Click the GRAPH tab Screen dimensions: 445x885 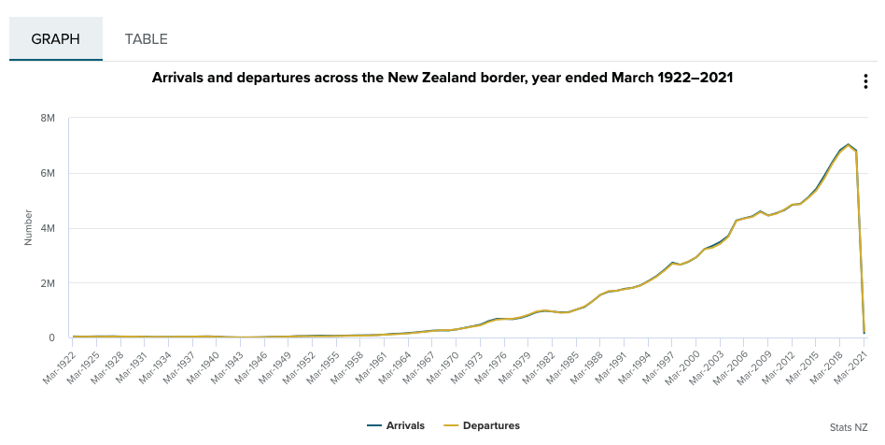coord(55,39)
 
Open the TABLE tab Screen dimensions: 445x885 coord(147,39)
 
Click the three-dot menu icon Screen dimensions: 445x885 coord(865,81)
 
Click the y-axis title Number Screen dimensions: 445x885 coord(28,228)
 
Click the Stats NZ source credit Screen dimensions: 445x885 coord(849,427)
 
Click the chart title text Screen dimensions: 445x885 coord(442,79)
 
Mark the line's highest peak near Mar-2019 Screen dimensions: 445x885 coord(848,145)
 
